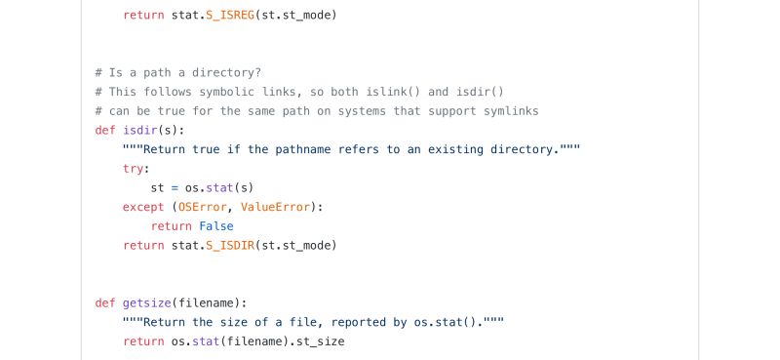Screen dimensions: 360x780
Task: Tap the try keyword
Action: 134,168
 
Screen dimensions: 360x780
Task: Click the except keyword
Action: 143,207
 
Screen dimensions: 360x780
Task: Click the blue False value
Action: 216,225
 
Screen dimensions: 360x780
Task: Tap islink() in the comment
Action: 367,92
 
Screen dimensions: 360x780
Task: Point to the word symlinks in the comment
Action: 507,111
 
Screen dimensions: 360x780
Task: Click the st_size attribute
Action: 317,341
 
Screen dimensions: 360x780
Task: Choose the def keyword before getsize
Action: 105,302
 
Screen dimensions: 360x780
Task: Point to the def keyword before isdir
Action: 105,130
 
